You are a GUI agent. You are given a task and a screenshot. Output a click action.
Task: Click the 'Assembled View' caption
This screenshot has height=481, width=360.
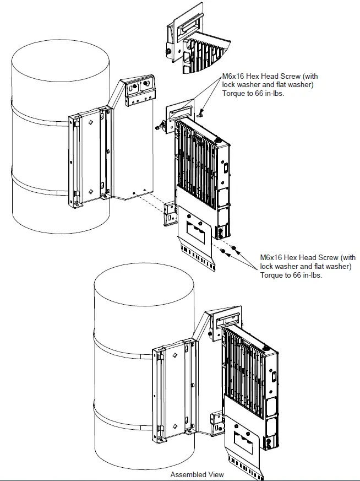pos(197,474)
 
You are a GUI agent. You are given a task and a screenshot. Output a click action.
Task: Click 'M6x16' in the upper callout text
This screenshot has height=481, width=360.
pos(233,77)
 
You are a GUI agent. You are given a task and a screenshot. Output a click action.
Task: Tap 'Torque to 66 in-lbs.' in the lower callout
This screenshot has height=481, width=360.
pos(291,275)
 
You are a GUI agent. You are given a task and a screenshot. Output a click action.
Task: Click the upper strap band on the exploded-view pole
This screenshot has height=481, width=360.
pos(39,116)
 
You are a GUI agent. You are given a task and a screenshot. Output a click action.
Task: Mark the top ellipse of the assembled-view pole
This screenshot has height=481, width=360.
pos(144,287)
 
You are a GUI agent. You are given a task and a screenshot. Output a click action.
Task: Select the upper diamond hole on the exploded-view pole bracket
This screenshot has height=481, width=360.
pos(89,120)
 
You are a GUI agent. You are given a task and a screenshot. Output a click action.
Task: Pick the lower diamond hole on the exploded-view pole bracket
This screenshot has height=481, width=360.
pos(90,192)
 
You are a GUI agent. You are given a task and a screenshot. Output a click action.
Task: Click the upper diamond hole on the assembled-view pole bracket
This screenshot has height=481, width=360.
pos(173,356)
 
